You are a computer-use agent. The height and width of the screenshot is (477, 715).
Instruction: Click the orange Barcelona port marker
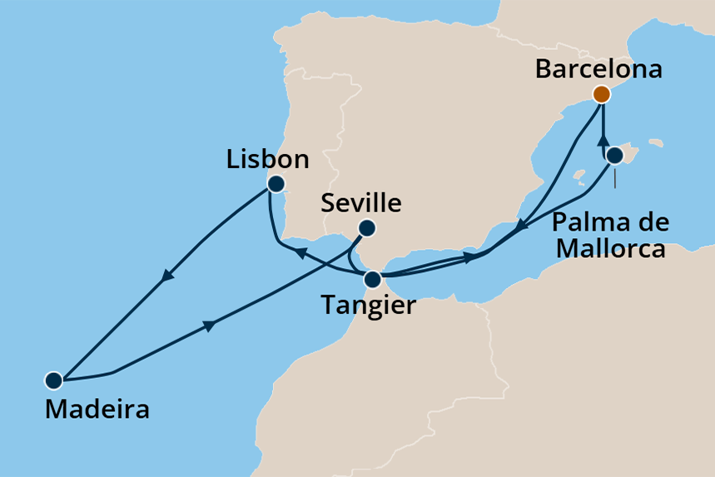tap(601, 93)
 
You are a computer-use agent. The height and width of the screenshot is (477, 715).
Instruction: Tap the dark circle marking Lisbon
tap(276, 183)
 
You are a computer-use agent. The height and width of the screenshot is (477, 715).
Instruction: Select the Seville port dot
tap(366, 227)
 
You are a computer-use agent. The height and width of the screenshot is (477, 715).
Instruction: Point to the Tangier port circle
tap(374, 278)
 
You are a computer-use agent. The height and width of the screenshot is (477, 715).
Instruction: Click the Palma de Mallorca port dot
tap(614, 155)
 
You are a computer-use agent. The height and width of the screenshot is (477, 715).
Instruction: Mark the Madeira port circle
tap(54, 380)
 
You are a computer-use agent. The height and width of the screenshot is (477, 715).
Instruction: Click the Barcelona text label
tap(598, 68)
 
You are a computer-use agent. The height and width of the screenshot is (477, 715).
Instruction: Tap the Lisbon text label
tap(268, 159)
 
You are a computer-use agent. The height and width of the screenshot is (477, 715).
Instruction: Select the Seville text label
tap(361, 203)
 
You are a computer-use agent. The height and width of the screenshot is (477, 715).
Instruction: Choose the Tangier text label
tap(368, 306)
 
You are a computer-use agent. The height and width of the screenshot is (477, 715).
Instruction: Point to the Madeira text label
tap(97, 409)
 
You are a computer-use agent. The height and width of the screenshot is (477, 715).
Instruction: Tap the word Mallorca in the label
tap(610, 248)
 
